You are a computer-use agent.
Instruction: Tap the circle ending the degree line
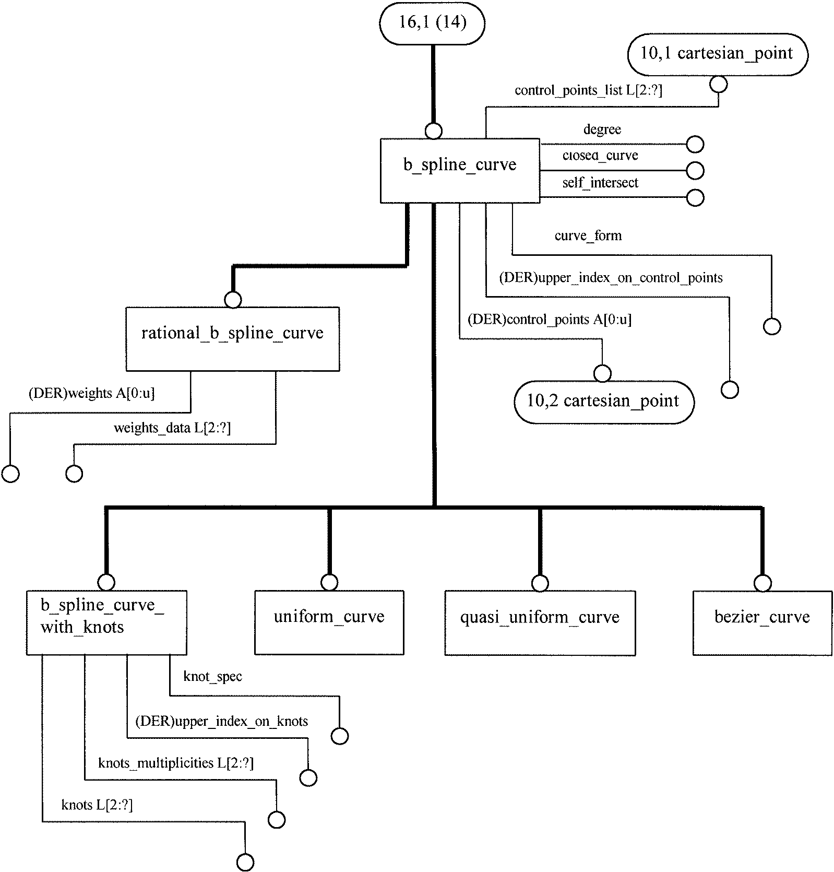pyautogui.click(x=695, y=144)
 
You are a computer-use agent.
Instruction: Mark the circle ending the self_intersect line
pyautogui.click(x=695, y=198)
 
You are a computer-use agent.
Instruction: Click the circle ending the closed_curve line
pyautogui.click(x=695, y=171)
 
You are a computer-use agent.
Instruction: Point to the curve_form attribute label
pyautogui.click(x=588, y=236)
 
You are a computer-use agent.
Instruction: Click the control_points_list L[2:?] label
pyautogui.click(x=588, y=90)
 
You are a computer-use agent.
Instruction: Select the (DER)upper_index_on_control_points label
pyautogui.click(x=611, y=278)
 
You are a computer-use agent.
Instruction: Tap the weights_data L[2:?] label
pyautogui.click(x=172, y=428)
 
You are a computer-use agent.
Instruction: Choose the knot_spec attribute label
pyautogui.click(x=213, y=677)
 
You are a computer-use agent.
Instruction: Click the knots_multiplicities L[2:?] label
pyautogui.click(x=176, y=763)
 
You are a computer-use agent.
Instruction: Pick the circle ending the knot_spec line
pyautogui.click(x=340, y=736)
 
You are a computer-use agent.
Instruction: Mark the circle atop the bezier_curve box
pyautogui.click(x=763, y=583)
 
